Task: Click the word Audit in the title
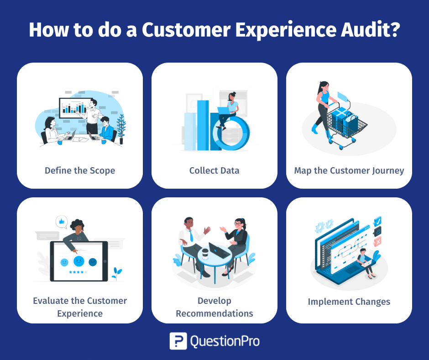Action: [x=371, y=29]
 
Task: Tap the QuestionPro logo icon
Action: [x=178, y=341]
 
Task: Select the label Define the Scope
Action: [x=80, y=170]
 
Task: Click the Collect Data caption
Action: [x=214, y=170]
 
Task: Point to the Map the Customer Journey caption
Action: [x=349, y=171]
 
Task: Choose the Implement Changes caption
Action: [x=349, y=302]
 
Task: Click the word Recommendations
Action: [x=214, y=313]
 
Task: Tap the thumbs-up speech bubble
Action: [x=62, y=222]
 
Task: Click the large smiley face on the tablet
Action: [x=78, y=261]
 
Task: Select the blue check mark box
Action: [x=377, y=221]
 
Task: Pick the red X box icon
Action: [x=377, y=242]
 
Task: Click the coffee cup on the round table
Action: [x=205, y=254]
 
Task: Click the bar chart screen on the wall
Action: [x=75, y=108]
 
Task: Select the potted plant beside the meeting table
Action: [x=121, y=129]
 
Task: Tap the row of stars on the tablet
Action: [x=78, y=272]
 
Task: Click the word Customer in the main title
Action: [x=186, y=29]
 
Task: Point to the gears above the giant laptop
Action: [x=324, y=226]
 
